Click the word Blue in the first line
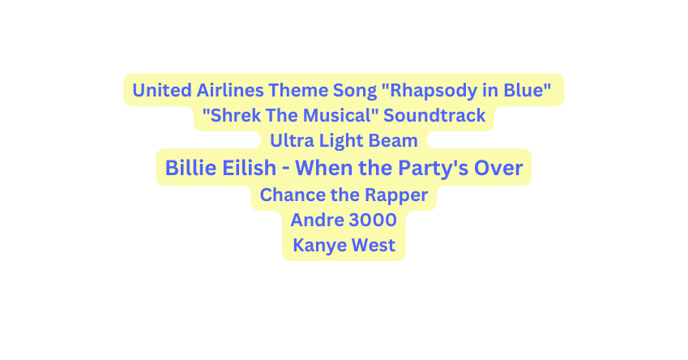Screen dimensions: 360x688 528,89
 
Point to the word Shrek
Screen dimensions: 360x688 229,115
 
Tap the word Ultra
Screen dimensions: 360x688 290,141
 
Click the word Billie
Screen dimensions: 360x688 192,168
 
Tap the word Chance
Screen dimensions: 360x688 288,195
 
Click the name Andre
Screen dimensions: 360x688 313,220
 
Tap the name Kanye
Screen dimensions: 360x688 317,246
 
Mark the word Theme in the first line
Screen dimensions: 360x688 300,89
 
